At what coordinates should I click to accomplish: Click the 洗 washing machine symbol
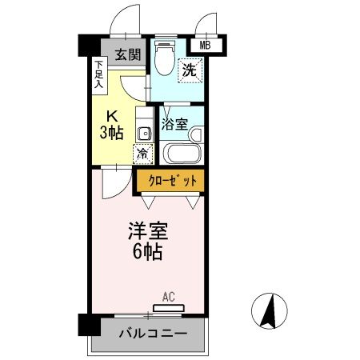point(190,70)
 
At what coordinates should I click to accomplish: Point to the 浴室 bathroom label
point(174,124)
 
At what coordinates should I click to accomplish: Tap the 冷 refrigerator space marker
point(142,153)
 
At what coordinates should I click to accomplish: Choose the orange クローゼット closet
point(170,181)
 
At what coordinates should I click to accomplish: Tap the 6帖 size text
point(147,253)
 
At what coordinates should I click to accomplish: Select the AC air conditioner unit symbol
point(168,307)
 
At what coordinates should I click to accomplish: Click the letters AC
point(168,297)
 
